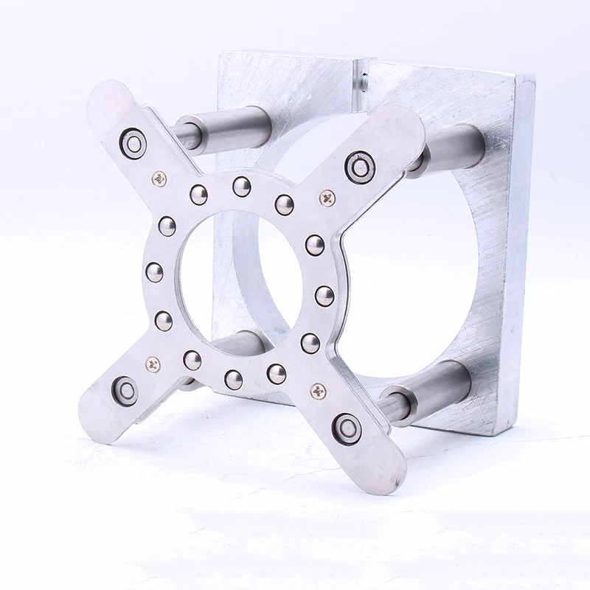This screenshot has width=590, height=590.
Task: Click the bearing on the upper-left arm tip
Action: point(133,143)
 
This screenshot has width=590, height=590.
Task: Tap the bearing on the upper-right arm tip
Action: point(360,166)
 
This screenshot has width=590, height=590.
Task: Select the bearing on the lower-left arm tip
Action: point(125,391)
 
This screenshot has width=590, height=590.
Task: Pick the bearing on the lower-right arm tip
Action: point(347,428)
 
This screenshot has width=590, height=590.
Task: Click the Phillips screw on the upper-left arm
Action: point(159,178)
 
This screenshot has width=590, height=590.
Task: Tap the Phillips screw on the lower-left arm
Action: point(153,364)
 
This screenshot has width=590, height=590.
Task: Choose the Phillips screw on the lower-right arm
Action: point(319,392)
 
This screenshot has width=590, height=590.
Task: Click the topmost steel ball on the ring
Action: point(241,187)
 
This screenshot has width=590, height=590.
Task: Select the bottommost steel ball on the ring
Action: point(234,380)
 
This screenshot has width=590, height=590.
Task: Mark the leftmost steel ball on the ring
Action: point(154,272)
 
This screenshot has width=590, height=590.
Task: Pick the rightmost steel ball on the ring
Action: point(324,296)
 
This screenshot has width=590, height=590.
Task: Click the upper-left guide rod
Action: point(229,127)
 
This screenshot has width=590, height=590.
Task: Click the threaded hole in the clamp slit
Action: point(363,83)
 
